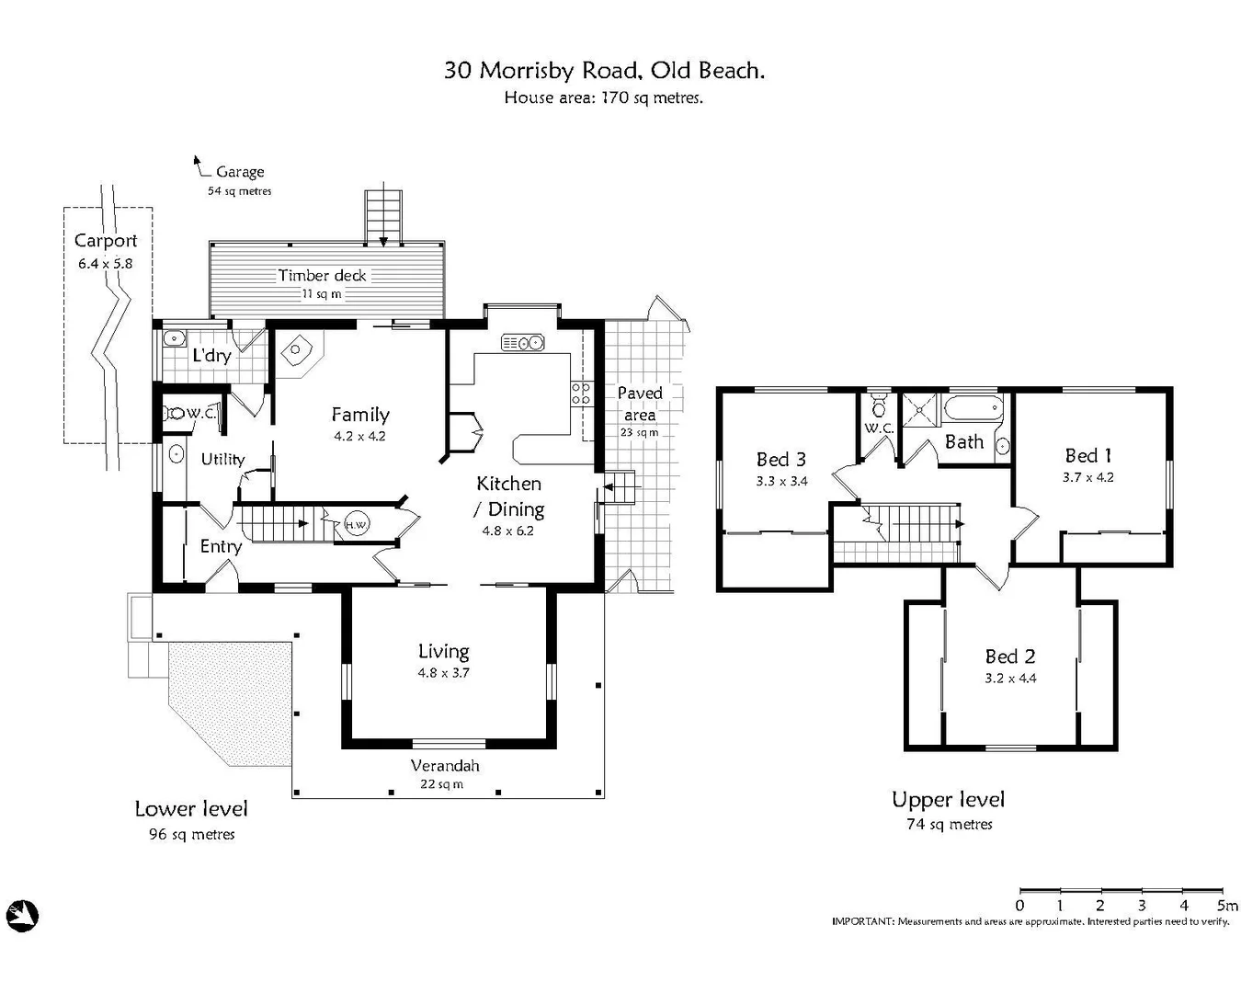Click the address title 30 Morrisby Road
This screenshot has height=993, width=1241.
[x=603, y=70]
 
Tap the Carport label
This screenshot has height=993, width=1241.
[x=106, y=241]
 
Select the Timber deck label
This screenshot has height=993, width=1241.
[x=322, y=275]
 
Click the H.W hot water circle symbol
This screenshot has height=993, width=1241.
[x=357, y=525]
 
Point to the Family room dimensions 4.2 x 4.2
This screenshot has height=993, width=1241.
[x=359, y=436]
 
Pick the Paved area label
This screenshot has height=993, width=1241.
[x=640, y=403]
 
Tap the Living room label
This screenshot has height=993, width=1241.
[x=443, y=651]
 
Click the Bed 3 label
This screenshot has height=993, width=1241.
[x=780, y=459]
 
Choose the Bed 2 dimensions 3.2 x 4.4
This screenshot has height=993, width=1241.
[x=1010, y=679]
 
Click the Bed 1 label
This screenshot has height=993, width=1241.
[x=1087, y=455]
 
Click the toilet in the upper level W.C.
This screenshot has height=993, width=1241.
[x=879, y=406]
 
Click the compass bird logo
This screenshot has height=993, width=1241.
[x=21, y=915]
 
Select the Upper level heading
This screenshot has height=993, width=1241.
[x=948, y=800]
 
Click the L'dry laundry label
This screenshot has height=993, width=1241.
[x=211, y=355]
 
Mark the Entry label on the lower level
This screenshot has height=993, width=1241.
[x=221, y=546]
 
